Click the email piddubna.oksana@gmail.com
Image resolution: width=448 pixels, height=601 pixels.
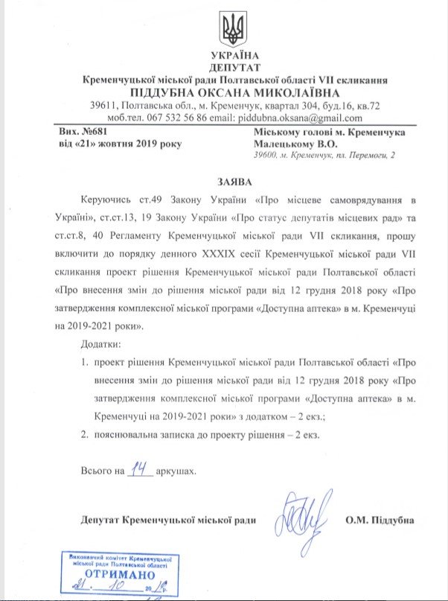click(307, 118)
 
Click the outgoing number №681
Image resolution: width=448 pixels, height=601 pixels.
click(100, 131)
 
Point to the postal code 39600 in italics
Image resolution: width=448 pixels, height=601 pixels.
click(265, 154)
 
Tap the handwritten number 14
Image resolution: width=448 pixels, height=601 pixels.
click(138, 469)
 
